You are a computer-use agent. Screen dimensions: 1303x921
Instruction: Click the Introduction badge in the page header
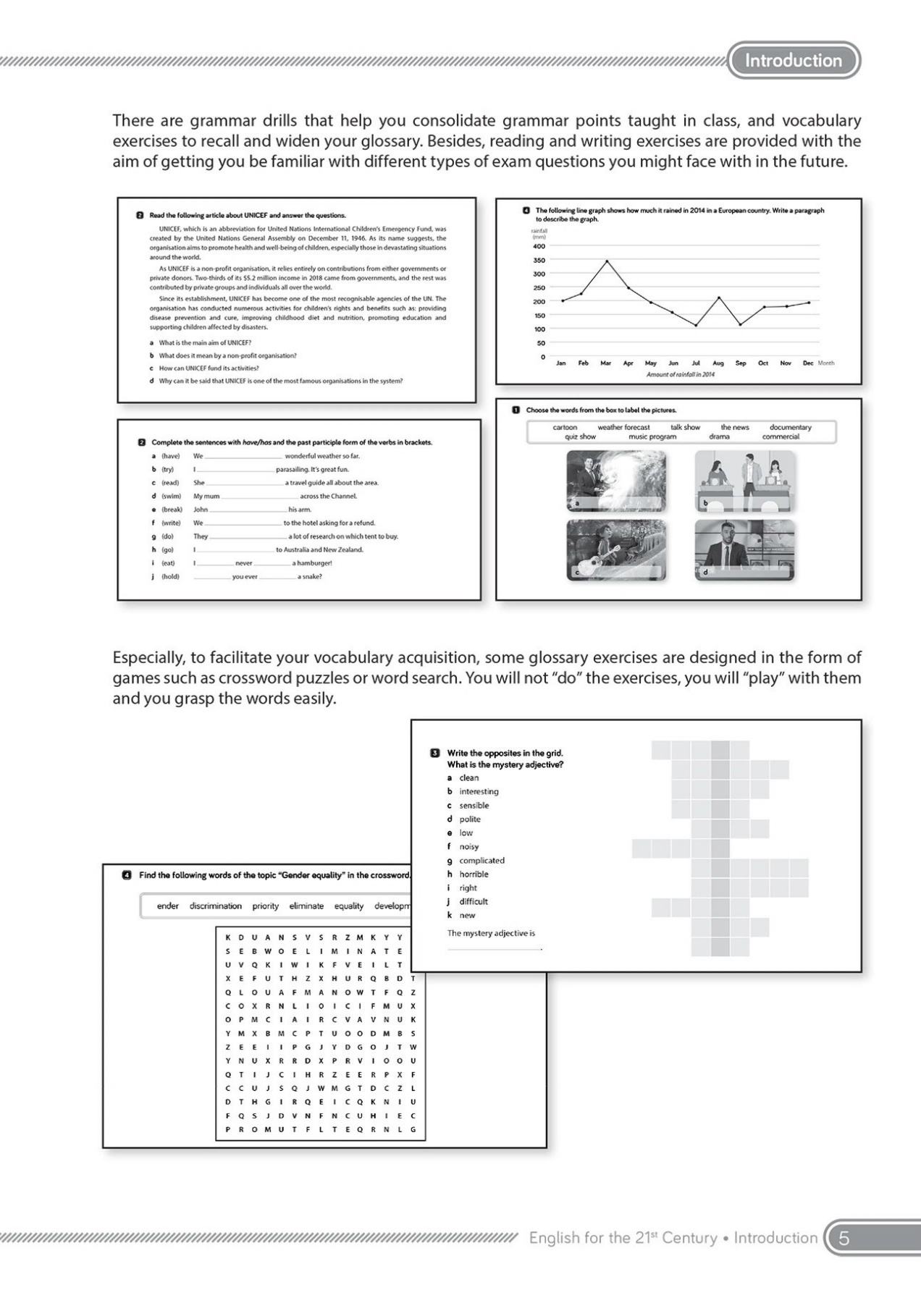[794, 60]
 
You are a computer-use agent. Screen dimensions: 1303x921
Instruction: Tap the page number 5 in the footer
[844, 1238]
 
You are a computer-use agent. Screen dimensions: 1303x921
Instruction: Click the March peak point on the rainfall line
[607, 261]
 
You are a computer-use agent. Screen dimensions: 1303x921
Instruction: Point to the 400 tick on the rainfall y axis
[539, 246]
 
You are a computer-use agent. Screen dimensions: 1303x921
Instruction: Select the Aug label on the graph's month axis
[718, 363]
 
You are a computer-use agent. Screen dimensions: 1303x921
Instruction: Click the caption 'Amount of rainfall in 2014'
[680, 374]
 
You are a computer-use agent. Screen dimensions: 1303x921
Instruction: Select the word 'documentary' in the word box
[790, 427]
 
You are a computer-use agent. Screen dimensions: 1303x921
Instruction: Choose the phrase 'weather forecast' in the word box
[623, 427]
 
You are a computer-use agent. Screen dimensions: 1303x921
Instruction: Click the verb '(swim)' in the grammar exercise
[171, 496]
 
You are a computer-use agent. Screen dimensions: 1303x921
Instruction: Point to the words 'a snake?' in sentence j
[309, 577]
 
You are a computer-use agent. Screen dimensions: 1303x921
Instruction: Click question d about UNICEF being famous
[280, 381]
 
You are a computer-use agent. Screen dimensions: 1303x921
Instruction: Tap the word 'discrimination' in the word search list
[215, 906]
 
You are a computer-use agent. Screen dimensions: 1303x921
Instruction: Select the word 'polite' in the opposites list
[469, 819]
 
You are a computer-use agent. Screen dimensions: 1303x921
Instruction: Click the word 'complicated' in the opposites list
[481, 860]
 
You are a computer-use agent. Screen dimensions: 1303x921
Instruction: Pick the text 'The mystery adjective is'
[491, 933]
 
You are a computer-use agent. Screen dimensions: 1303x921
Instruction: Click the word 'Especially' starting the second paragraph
[148, 657]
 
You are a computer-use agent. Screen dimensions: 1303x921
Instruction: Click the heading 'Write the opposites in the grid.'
[505, 753]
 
